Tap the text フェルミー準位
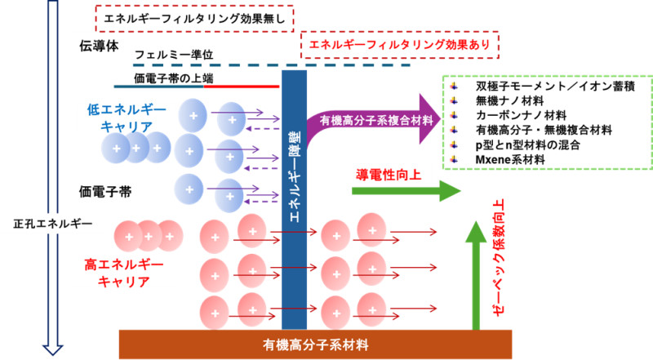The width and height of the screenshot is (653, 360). pos(174,54)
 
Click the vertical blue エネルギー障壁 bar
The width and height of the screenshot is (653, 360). pos(293,196)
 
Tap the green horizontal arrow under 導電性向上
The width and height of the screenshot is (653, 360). pos(404,192)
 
